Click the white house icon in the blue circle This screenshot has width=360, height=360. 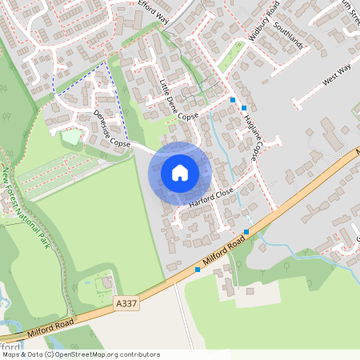pyautogui.click(x=179, y=172)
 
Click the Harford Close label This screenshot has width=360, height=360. pyautogui.click(x=210, y=198)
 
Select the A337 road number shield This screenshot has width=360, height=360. pyautogui.click(x=126, y=304)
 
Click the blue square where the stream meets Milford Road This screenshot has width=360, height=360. pyautogui.click(x=246, y=232)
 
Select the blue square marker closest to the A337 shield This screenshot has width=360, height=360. pyautogui.click(x=198, y=270)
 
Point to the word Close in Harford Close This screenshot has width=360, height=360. pyautogui.click(x=222, y=192)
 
